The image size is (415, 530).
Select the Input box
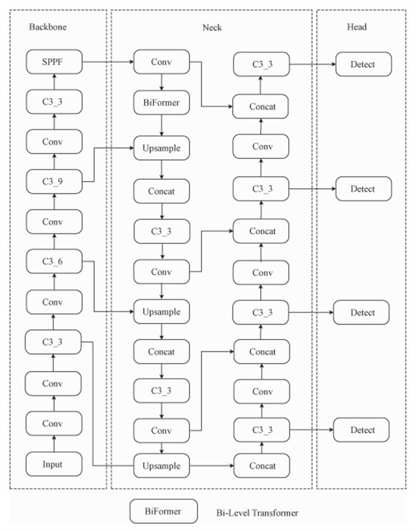click(x=53, y=464)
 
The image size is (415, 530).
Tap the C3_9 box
click(x=53, y=181)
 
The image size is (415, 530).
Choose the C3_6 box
click(x=53, y=261)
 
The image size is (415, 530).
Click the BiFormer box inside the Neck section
click(x=161, y=102)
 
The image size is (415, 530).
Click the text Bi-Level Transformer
click(x=257, y=512)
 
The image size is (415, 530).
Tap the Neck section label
click(x=212, y=27)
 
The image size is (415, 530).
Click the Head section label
click(x=356, y=27)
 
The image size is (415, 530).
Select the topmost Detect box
click(x=363, y=64)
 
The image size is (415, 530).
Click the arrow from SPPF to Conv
click(x=107, y=61)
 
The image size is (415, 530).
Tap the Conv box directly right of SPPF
click(x=161, y=61)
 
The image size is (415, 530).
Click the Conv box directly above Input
click(x=53, y=423)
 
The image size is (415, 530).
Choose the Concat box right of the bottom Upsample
click(x=263, y=464)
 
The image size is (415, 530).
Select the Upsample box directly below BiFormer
click(x=161, y=147)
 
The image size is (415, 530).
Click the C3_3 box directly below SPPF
click(x=53, y=101)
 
